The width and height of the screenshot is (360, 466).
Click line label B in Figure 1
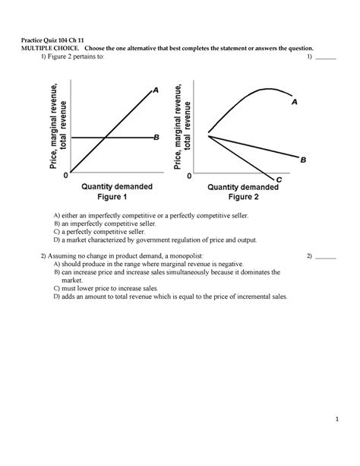(x=156, y=137)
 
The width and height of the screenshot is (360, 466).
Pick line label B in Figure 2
(x=303, y=160)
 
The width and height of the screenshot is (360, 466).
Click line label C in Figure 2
(x=279, y=179)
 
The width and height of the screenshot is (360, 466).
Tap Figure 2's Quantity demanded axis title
(x=243, y=185)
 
